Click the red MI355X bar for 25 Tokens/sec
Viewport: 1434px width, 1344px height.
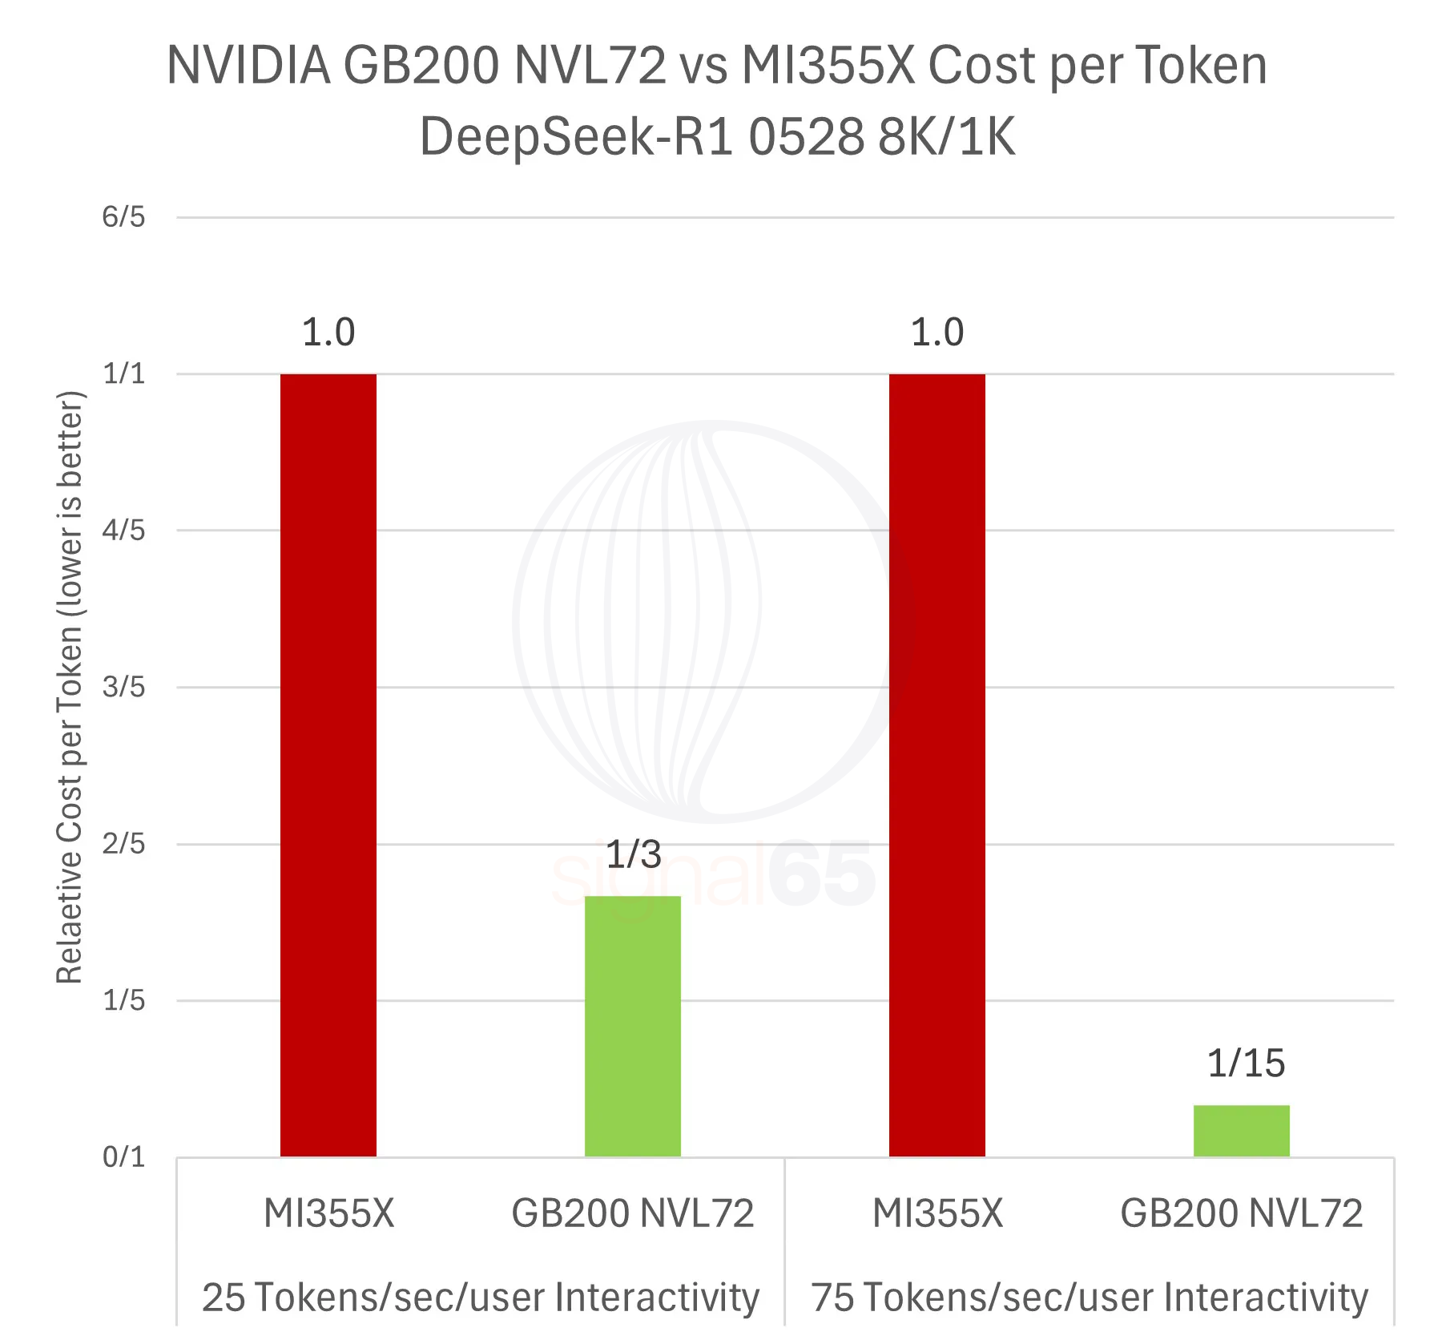[328, 765]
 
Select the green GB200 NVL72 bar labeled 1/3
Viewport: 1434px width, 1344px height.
[632, 1026]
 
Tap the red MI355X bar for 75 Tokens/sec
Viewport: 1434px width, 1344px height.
[937, 765]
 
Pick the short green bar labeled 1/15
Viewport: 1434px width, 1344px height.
[1241, 1130]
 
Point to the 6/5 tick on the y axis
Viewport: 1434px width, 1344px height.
[123, 216]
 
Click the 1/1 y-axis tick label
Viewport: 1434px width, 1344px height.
[123, 373]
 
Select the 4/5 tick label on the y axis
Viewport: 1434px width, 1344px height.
[123, 530]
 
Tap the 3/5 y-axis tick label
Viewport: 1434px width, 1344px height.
[123, 687]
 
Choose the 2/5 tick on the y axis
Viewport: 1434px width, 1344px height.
[123, 843]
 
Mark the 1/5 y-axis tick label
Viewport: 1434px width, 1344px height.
[123, 1000]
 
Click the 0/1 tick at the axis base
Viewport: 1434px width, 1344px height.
[123, 1156]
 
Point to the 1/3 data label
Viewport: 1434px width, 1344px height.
[633, 854]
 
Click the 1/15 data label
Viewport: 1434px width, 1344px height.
[1245, 1063]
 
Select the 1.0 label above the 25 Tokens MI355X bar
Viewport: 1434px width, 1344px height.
[328, 333]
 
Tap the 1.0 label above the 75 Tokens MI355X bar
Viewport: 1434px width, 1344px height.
[937, 333]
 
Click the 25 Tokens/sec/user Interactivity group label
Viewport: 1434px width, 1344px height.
[480, 1297]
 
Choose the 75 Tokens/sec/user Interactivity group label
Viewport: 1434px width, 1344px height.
[1089, 1297]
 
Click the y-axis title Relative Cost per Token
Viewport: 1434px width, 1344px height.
[70, 687]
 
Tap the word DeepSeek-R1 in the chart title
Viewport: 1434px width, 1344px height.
[577, 136]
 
